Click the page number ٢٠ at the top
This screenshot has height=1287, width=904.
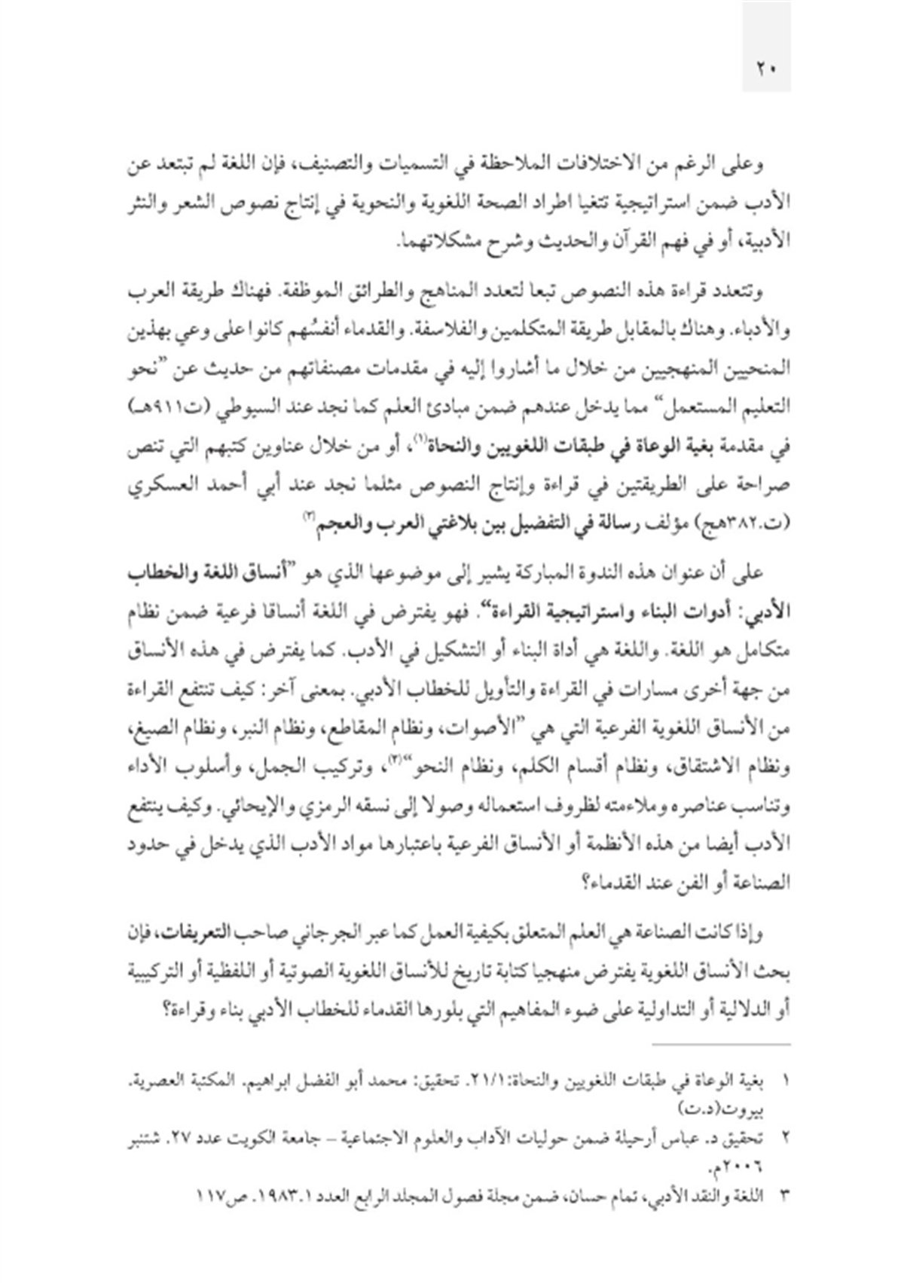coord(766,67)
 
